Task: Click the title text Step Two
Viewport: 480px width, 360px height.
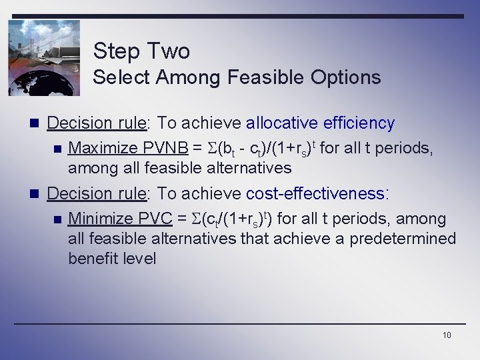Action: pyautogui.click(x=141, y=51)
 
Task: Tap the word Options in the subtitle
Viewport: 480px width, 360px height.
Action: pyautogui.click(x=345, y=77)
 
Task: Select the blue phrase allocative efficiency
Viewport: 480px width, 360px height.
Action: pyautogui.click(x=321, y=123)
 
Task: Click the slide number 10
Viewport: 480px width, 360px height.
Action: pyautogui.click(x=447, y=335)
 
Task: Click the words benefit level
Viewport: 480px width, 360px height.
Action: pyautogui.click(x=112, y=258)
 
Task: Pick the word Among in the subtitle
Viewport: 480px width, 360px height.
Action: pyautogui.click(x=189, y=77)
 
